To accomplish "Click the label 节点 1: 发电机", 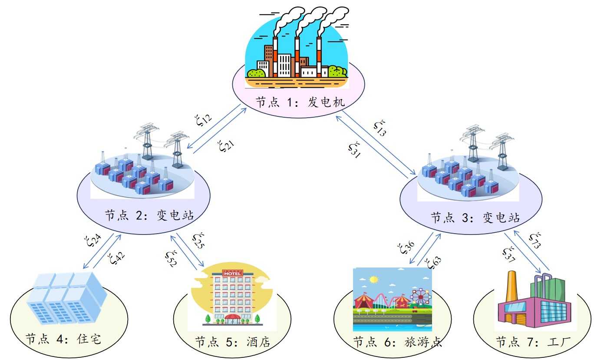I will click(300, 102).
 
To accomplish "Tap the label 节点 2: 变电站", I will click(149, 215).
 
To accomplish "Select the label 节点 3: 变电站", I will click(475, 217).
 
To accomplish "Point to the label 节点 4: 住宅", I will click(63, 339).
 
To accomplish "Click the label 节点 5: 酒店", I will click(233, 342).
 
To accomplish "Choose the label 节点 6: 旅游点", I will click(397, 342).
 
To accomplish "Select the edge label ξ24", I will click(92, 241).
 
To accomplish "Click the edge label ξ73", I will click(535, 240).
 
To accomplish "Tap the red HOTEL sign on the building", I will click(232, 273).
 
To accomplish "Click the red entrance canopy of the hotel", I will click(232, 317).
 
